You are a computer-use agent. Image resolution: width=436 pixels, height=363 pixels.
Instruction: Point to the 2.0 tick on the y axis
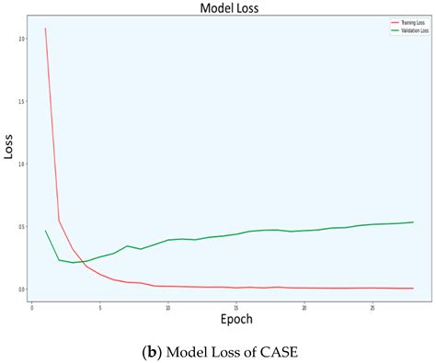click(x=21, y=39)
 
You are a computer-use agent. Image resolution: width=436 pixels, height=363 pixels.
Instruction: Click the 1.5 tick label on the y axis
click(x=21, y=101)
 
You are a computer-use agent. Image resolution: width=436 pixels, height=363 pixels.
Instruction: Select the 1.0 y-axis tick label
click(x=21, y=164)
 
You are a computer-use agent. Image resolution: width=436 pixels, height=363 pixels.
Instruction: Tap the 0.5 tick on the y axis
click(x=21, y=226)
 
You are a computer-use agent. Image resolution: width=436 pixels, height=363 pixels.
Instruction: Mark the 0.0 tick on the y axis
click(x=21, y=289)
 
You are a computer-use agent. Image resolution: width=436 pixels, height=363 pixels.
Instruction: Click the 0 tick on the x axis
click(x=32, y=308)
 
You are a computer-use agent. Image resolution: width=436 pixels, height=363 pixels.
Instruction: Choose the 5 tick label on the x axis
click(x=100, y=308)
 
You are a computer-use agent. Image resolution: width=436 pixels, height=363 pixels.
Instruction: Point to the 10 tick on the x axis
click(x=168, y=308)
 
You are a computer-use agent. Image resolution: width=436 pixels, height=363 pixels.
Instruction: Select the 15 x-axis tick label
click(x=236, y=308)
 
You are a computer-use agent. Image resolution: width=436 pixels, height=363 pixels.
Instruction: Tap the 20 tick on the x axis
click(x=304, y=308)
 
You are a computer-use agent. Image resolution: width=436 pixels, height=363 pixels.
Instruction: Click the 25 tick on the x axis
click(x=373, y=308)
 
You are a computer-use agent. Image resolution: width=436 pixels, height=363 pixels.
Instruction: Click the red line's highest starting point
click(x=46, y=28)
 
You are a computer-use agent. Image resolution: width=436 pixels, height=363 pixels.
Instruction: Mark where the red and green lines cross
click(x=84, y=262)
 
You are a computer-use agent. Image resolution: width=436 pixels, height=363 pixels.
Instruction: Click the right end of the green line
click(x=413, y=221)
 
